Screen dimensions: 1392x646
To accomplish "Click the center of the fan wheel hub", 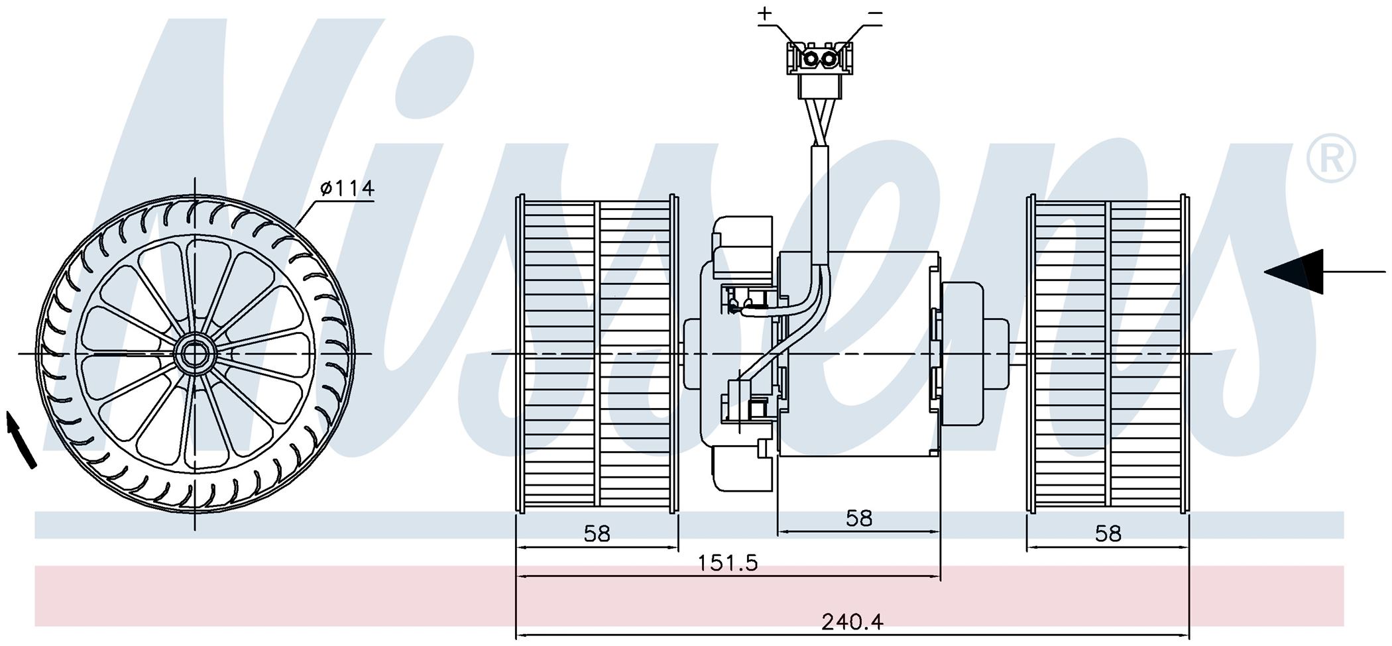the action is pos(194,354).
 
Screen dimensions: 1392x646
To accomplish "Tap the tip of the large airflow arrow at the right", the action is pos(1265,272).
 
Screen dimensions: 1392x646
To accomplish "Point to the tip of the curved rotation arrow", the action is pos(9,411).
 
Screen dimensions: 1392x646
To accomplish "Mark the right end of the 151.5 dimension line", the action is pos(940,576).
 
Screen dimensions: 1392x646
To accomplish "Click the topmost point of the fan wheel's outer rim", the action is pos(195,196).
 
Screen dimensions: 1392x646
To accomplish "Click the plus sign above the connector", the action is pos(766,13).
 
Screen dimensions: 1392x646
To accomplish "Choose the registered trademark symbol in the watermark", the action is pos(1330,158).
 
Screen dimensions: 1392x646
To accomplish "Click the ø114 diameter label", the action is pos(347,189).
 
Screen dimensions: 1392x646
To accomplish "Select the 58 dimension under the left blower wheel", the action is pos(597,533).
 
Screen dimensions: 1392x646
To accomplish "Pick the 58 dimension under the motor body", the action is pos(859,518).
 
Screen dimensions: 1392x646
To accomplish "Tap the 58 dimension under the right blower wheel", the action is pos(1108,533).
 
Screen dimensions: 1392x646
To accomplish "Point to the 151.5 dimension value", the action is pos(728,563).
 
